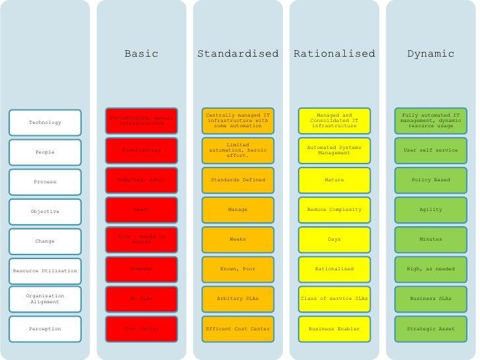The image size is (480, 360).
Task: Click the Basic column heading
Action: pyautogui.click(x=141, y=54)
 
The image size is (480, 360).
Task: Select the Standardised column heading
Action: pyautogui.click(x=237, y=54)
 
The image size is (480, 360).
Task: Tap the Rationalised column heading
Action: pyautogui.click(x=334, y=54)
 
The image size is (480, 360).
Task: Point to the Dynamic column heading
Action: pyautogui.click(x=431, y=54)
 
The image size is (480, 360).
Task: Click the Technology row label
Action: pyautogui.click(x=45, y=122)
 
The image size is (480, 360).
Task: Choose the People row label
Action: pyautogui.click(x=45, y=152)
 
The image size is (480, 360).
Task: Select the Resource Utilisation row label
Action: pyautogui.click(x=45, y=270)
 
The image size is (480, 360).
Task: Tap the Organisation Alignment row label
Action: pyautogui.click(x=45, y=299)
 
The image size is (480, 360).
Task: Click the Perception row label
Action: pyautogui.click(x=45, y=328)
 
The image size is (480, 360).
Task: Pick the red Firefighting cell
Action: pyautogui.click(x=141, y=150)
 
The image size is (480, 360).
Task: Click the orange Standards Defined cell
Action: pyautogui.click(x=237, y=180)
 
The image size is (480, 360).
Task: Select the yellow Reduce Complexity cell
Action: pyautogui.click(x=334, y=210)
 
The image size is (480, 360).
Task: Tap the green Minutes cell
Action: pyautogui.click(x=431, y=239)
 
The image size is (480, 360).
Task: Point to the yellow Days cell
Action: pyautogui.click(x=334, y=239)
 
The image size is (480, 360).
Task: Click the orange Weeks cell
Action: pyautogui.click(x=237, y=239)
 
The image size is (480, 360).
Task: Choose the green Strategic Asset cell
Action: pyautogui.click(x=431, y=328)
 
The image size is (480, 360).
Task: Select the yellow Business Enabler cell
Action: pyautogui.click(x=334, y=328)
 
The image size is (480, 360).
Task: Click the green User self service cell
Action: pyautogui.click(x=431, y=150)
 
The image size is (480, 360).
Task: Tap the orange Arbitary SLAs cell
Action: pyautogui.click(x=237, y=299)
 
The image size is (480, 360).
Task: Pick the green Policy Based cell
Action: pyautogui.click(x=431, y=180)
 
